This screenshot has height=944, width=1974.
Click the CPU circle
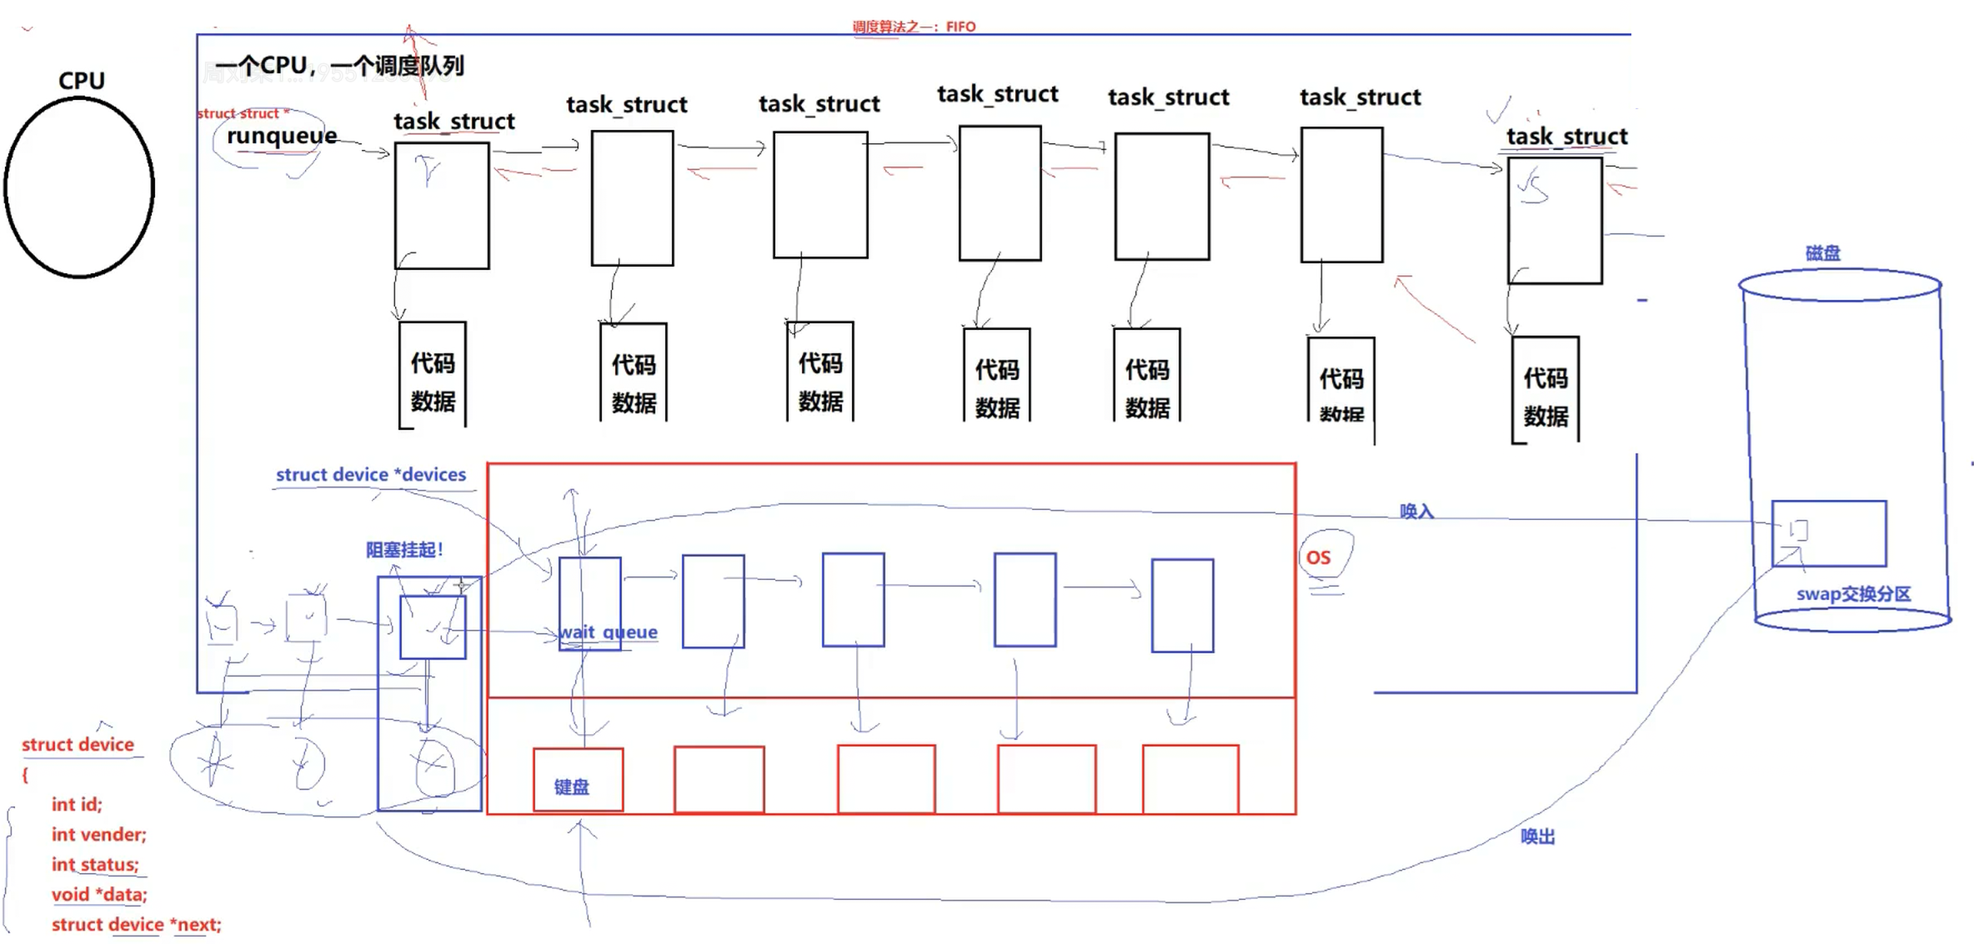[79, 187]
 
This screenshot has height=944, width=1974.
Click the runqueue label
[282, 136]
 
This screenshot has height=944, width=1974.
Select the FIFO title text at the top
[914, 27]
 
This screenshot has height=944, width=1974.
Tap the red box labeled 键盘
[578, 780]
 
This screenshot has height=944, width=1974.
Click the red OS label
[1318, 557]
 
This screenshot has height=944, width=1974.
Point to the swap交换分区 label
[1853, 594]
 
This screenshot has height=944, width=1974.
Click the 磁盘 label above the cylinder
[1822, 253]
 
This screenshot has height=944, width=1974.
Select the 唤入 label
[1416, 512]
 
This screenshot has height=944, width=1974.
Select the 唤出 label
[1537, 837]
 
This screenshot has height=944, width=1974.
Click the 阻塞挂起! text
[404, 550]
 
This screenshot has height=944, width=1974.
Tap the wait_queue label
[608, 632]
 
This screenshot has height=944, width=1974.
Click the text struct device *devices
[371, 475]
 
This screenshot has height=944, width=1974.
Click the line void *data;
[99, 894]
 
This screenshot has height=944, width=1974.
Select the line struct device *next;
[136, 924]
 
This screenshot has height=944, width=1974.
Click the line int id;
[77, 804]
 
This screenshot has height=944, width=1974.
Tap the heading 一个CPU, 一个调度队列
[339, 66]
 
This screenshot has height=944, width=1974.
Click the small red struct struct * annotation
[243, 113]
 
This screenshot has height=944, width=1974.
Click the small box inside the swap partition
[1798, 531]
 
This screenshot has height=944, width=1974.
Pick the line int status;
[95, 864]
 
